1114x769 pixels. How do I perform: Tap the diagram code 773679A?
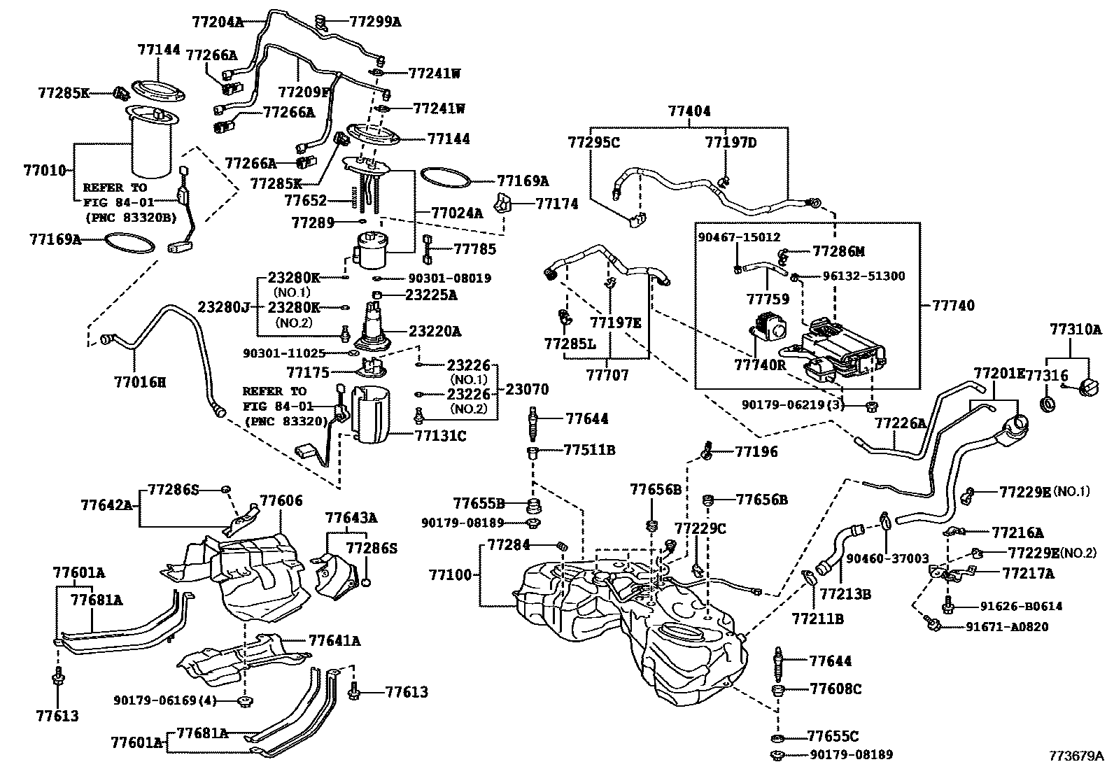(x=1076, y=756)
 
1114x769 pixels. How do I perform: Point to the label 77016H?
(x=140, y=382)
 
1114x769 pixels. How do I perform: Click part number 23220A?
(x=435, y=331)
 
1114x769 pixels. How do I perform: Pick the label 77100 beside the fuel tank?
(x=452, y=576)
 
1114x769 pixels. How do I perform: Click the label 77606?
(x=281, y=501)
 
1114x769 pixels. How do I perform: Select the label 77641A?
(x=334, y=640)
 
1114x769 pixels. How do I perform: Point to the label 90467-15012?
(x=739, y=238)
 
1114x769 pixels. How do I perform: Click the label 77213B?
(x=845, y=594)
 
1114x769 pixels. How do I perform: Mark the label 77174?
(x=557, y=204)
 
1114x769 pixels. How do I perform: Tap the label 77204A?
(x=217, y=22)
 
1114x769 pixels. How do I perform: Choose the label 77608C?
(x=835, y=689)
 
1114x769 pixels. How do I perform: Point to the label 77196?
(x=756, y=452)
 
